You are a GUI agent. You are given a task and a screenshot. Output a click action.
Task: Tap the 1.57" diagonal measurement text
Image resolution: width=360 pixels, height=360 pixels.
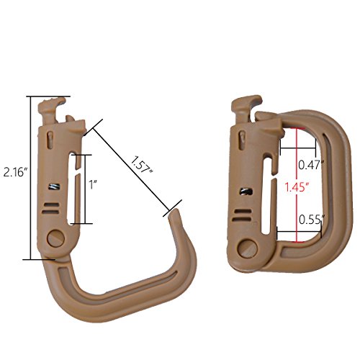tap(141, 165)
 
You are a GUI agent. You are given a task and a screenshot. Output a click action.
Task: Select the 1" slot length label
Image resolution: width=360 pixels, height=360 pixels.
tap(93, 185)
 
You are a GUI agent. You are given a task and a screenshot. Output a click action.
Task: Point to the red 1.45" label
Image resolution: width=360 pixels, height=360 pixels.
tap(297, 187)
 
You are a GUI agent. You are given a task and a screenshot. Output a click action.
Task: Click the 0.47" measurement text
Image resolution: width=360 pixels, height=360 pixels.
tap(312, 165)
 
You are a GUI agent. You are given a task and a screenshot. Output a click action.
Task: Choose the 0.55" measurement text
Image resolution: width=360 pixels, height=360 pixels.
tap(312, 220)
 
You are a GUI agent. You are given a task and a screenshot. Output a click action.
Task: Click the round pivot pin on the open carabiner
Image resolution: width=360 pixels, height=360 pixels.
tap(56, 238)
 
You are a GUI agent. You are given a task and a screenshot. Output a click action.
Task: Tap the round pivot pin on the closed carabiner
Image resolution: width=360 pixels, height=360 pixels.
tap(248, 248)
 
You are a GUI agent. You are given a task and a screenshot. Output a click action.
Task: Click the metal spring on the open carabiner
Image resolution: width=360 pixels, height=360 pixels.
tap(54, 186)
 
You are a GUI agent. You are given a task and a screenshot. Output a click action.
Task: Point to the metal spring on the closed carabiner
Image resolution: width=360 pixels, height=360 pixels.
tap(246, 192)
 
